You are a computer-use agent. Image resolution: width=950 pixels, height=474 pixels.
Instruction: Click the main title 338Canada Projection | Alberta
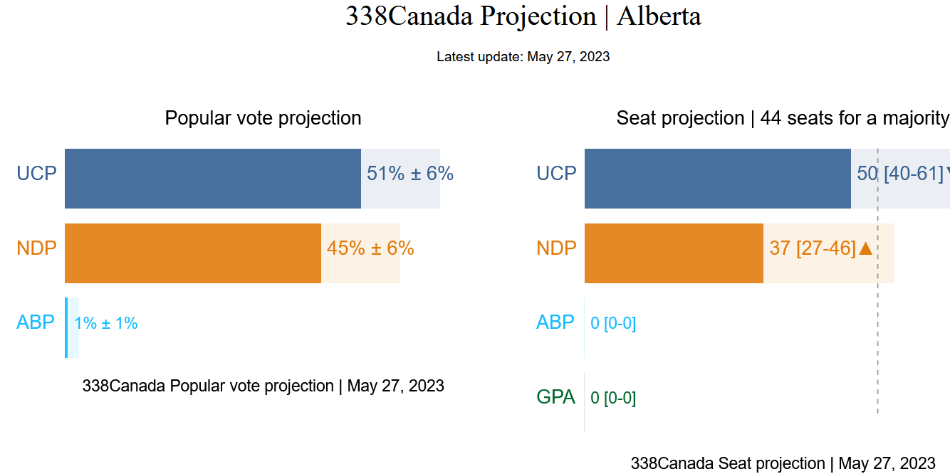coord(523,16)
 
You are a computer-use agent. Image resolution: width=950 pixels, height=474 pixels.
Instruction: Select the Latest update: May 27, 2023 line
coord(523,57)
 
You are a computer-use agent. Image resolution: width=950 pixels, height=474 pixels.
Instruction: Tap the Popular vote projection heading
coord(263,118)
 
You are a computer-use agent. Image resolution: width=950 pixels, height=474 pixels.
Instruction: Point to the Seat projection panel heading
coord(782,118)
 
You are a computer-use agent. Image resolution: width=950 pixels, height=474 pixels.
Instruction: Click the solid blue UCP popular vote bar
coord(212,179)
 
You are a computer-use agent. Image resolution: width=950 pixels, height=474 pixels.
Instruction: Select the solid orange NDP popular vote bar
coord(192,253)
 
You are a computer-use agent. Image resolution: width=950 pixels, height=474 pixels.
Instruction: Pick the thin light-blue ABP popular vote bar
coord(66,327)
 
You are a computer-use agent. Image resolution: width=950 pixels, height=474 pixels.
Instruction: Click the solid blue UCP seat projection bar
coord(717,179)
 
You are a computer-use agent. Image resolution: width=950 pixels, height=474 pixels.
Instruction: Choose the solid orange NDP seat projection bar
coord(674,253)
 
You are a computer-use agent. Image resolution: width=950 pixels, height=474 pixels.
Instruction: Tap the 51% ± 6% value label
coord(410,174)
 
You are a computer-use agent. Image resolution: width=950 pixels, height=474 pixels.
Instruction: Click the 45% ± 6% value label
coord(370,248)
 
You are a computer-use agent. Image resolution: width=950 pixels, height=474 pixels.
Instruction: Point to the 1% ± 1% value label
coord(106,323)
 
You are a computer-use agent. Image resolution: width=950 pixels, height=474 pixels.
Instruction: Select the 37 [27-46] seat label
coord(813,248)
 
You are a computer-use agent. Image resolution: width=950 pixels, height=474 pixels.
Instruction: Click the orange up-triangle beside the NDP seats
coord(866,248)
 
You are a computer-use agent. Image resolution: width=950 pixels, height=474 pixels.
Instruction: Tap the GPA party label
coord(555,397)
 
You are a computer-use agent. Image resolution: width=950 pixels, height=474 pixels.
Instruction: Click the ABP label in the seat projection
coord(555,322)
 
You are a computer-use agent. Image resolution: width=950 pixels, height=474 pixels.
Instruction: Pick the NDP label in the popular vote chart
coord(36,248)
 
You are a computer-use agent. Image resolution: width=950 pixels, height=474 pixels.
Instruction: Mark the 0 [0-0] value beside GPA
coord(613,398)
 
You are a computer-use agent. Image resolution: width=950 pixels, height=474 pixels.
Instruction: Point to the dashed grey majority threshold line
coord(878,342)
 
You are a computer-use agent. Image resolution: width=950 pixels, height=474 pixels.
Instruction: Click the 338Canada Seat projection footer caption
coord(783,463)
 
